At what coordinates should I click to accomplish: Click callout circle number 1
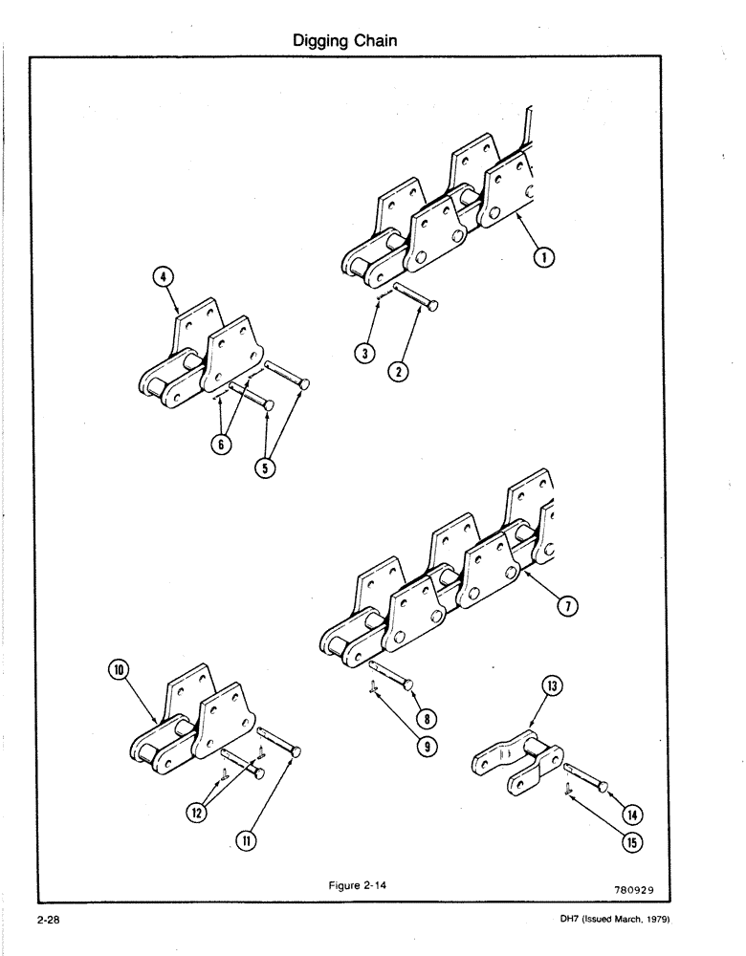tap(541, 257)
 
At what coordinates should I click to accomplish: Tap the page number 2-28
tap(50, 920)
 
